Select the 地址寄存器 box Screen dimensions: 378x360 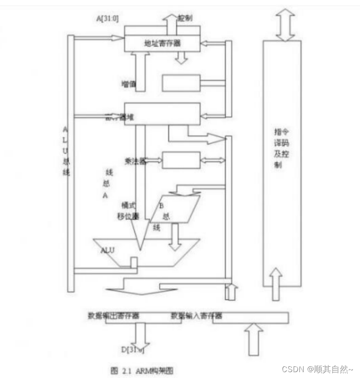[162, 44]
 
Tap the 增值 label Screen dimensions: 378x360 [128, 84]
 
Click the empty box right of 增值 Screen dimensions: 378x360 [181, 83]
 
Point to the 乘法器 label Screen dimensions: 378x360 [135, 161]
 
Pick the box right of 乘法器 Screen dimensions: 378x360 [181, 160]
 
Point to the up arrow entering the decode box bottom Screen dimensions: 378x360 [276, 284]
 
